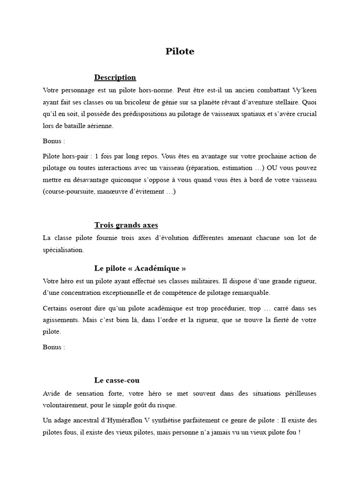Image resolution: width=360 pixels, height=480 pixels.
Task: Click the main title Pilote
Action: coord(180,52)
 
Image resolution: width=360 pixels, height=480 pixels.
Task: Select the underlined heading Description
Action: coord(115,77)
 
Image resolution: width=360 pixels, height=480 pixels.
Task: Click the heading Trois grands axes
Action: coord(126,225)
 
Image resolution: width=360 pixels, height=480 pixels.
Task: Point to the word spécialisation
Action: coord(63,250)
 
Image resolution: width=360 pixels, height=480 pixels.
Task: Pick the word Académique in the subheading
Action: coord(159,269)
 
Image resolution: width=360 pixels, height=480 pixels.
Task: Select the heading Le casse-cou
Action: coord(117,381)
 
